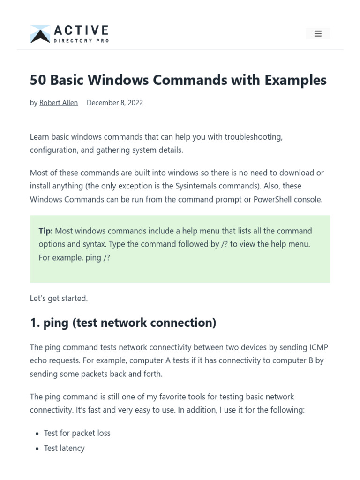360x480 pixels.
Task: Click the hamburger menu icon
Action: (x=318, y=34)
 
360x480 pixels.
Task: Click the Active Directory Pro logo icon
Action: (x=40, y=34)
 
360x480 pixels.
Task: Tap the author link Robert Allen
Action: (x=59, y=103)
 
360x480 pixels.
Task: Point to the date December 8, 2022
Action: (x=115, y=103)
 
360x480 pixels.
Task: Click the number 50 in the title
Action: (x=38, y=80)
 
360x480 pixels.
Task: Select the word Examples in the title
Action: (x=295, y=80)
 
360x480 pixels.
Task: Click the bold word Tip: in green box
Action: (x=45, y=231)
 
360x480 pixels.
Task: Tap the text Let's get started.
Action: (x=59, y=298)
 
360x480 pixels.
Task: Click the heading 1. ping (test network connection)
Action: (x=123, y=323)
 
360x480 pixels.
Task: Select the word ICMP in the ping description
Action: (x=318, y=347)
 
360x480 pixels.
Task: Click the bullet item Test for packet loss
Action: (x=77, y=433)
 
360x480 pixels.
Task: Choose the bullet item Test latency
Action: (x=64, y=448)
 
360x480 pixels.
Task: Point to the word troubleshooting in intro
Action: (x=253, y=137)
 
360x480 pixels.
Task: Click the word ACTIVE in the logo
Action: (x=81, y=31)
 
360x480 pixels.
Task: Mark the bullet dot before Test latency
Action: (x=37, y=449)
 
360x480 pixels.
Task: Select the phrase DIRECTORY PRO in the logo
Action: (x=81, y=41)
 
